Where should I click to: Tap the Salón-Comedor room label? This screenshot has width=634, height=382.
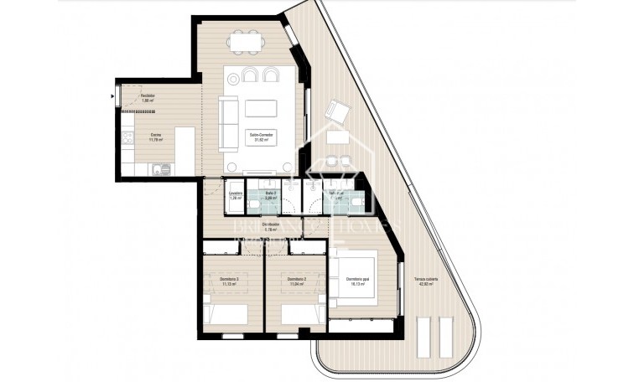pos(262,137)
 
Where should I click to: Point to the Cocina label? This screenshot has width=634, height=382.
pos(156,137)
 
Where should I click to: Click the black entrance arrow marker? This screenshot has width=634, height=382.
pos(113,96)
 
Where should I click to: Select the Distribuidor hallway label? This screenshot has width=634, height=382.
pos(270,226)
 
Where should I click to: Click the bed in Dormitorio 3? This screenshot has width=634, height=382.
pos(228,314)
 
